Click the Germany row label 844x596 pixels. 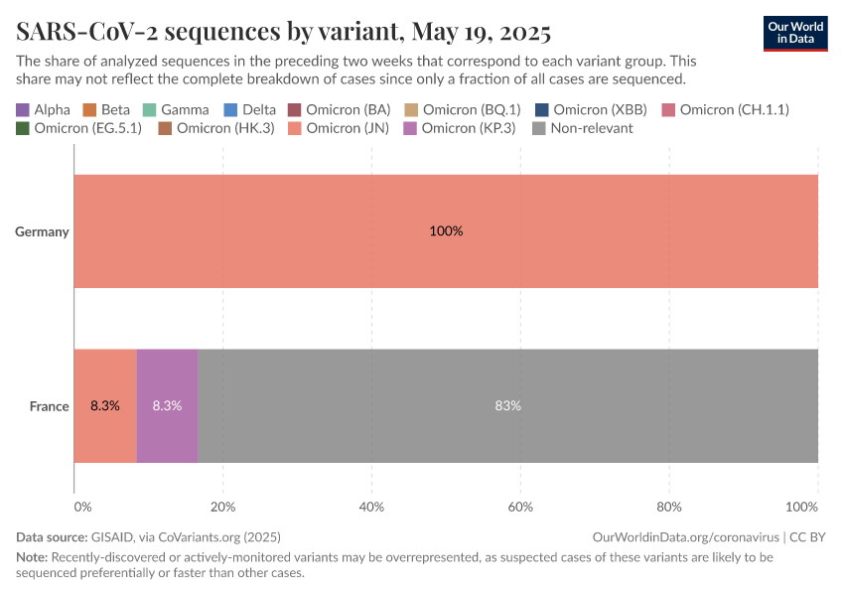pos(42,231)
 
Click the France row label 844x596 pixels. pos(49,406)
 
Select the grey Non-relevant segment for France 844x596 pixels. pos(507,406)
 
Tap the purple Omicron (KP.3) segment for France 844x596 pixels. pos(167,406)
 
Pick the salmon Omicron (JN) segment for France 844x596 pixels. pos(105,406)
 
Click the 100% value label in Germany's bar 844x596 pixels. pos(446,231)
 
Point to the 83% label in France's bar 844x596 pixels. pos(507,406)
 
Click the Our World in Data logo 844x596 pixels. pos(794,33)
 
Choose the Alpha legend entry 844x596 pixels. pos(44,109)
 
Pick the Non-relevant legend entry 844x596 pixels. pos(583,128)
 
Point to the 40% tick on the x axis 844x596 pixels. pos(371,508)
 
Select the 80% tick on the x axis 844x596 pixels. pos(668,508)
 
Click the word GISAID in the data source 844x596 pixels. pos(115,536)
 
